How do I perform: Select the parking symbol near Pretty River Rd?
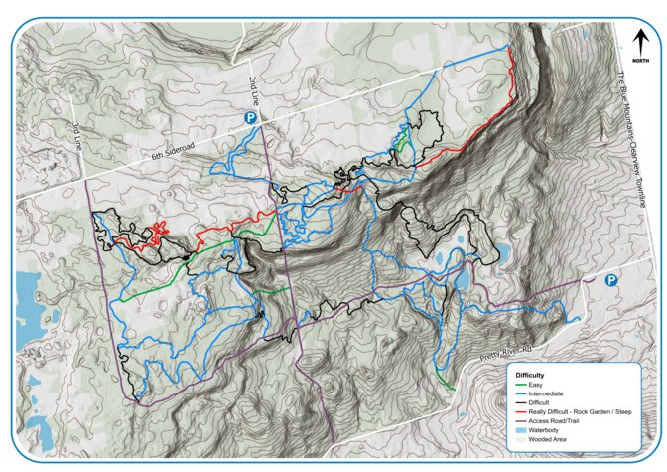[x=611, y=281]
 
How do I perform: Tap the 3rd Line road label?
[x=77, y=137]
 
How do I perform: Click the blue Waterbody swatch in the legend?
[x=518, y=430]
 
